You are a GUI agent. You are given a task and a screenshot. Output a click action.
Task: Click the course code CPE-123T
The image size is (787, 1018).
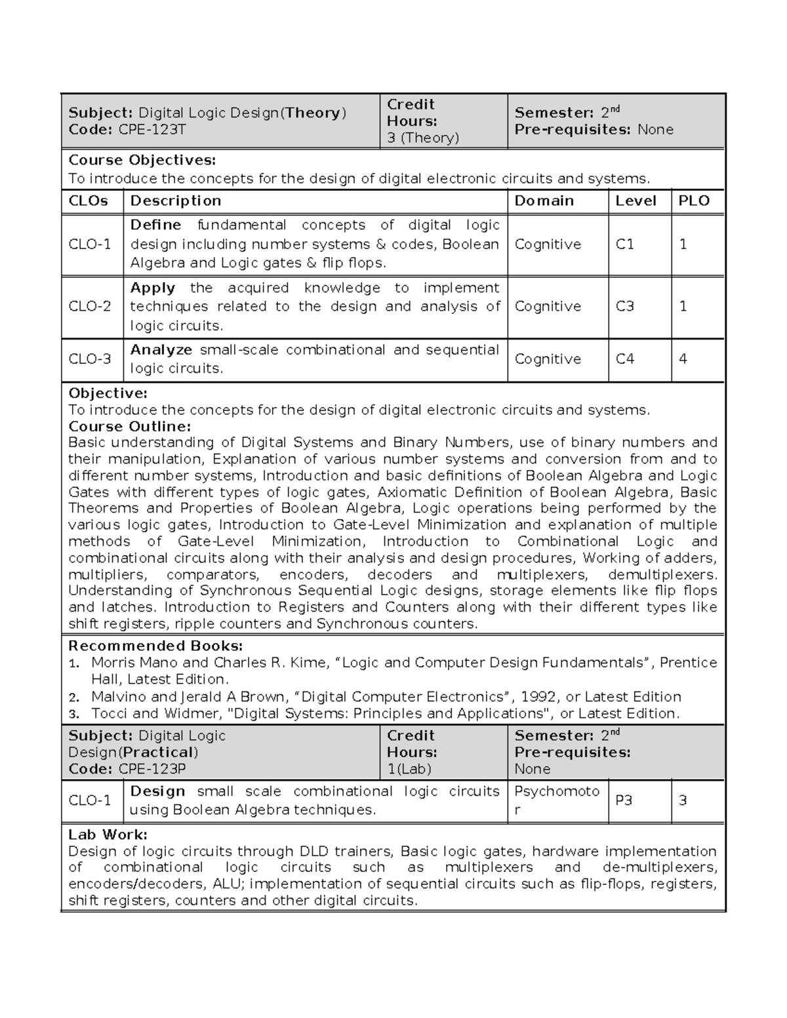coord(152,130)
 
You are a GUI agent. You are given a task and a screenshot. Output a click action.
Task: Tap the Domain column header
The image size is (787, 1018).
coord(544,201)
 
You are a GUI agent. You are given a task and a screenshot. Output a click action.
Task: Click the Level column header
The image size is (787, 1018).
coord(636,201)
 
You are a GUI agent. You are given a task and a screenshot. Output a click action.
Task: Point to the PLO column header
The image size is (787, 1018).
coord(694,201)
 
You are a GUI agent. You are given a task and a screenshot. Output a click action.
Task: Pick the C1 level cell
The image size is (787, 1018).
coord(624,245)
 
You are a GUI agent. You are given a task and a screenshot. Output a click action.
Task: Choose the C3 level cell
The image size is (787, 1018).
coord(624,307)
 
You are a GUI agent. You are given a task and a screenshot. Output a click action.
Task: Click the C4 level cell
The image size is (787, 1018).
coord(624,359)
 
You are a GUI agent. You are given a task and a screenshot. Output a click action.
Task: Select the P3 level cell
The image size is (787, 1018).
coord(623,800)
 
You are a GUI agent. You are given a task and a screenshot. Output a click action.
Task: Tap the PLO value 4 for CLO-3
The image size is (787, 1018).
coord(683,359)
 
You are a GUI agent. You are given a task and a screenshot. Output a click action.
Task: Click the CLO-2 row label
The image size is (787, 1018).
coord(90,307)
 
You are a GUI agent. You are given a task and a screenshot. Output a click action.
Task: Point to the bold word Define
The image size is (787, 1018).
coord(155,225)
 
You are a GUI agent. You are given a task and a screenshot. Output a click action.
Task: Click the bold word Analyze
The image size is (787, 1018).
coord(161,350)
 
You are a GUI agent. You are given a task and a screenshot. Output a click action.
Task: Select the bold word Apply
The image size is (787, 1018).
coord(152,288)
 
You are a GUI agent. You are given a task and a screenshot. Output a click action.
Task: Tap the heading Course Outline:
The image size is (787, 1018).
coord(129,427)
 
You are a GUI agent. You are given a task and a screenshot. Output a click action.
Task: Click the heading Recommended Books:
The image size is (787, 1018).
coord(155,646)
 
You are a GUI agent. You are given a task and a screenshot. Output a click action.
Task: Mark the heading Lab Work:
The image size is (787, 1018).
coord(108,835)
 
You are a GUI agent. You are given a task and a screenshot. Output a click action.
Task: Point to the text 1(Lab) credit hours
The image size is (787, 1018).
coord(409,769)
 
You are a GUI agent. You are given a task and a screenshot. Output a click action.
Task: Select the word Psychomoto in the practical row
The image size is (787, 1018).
coord(557,792)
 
